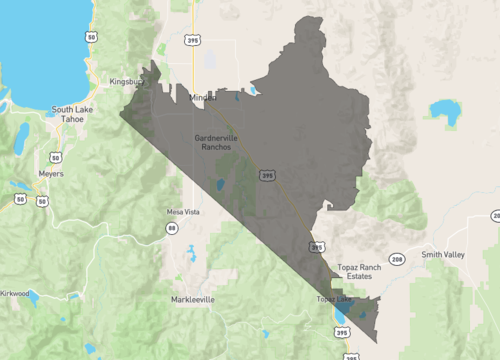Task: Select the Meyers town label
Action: point(50,174)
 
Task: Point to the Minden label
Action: point(203,97)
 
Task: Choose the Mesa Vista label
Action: point(183,212)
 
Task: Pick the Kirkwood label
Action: point(15,294)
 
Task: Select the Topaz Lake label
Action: point(334,299)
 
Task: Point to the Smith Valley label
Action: point(443,255)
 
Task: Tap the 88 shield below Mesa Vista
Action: point(171,230)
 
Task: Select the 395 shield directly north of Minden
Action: point(192,40)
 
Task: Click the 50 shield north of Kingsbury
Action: point(91,36)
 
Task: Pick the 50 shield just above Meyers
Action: point(56,157)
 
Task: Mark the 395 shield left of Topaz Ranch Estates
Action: point(317,246)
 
